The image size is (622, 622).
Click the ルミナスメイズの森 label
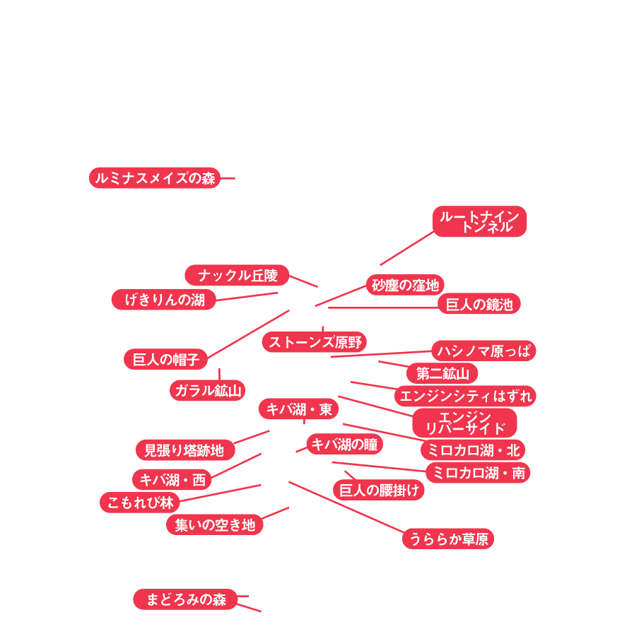click(155, 178)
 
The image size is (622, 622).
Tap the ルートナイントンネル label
click(480, 221)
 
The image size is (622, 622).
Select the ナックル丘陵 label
click(237, 275)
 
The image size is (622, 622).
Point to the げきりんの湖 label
click(164, 300)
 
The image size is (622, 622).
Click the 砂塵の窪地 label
click(405, 285)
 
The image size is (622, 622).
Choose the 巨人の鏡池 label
click(479, 304)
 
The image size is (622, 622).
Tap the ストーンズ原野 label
click(315, 342)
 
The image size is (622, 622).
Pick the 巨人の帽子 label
click(165, 359)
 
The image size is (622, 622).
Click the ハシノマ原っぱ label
click(483, 351)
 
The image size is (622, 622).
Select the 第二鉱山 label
click(442, 373)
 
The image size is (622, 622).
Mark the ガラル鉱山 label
click(208, 390)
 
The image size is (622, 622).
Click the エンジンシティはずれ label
click(465, 396)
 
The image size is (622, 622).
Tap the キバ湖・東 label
click(299, 409)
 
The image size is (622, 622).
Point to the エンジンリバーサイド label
click(465, 423)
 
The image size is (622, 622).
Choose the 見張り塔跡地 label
click(184, 450)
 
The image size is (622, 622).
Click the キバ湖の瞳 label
click(345, 444)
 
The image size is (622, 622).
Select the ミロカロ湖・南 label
click(478, 473)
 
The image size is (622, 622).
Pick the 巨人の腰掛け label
click(379, 490)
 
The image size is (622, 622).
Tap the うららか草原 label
click(448, 539)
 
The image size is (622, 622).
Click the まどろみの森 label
click(185, 599)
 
